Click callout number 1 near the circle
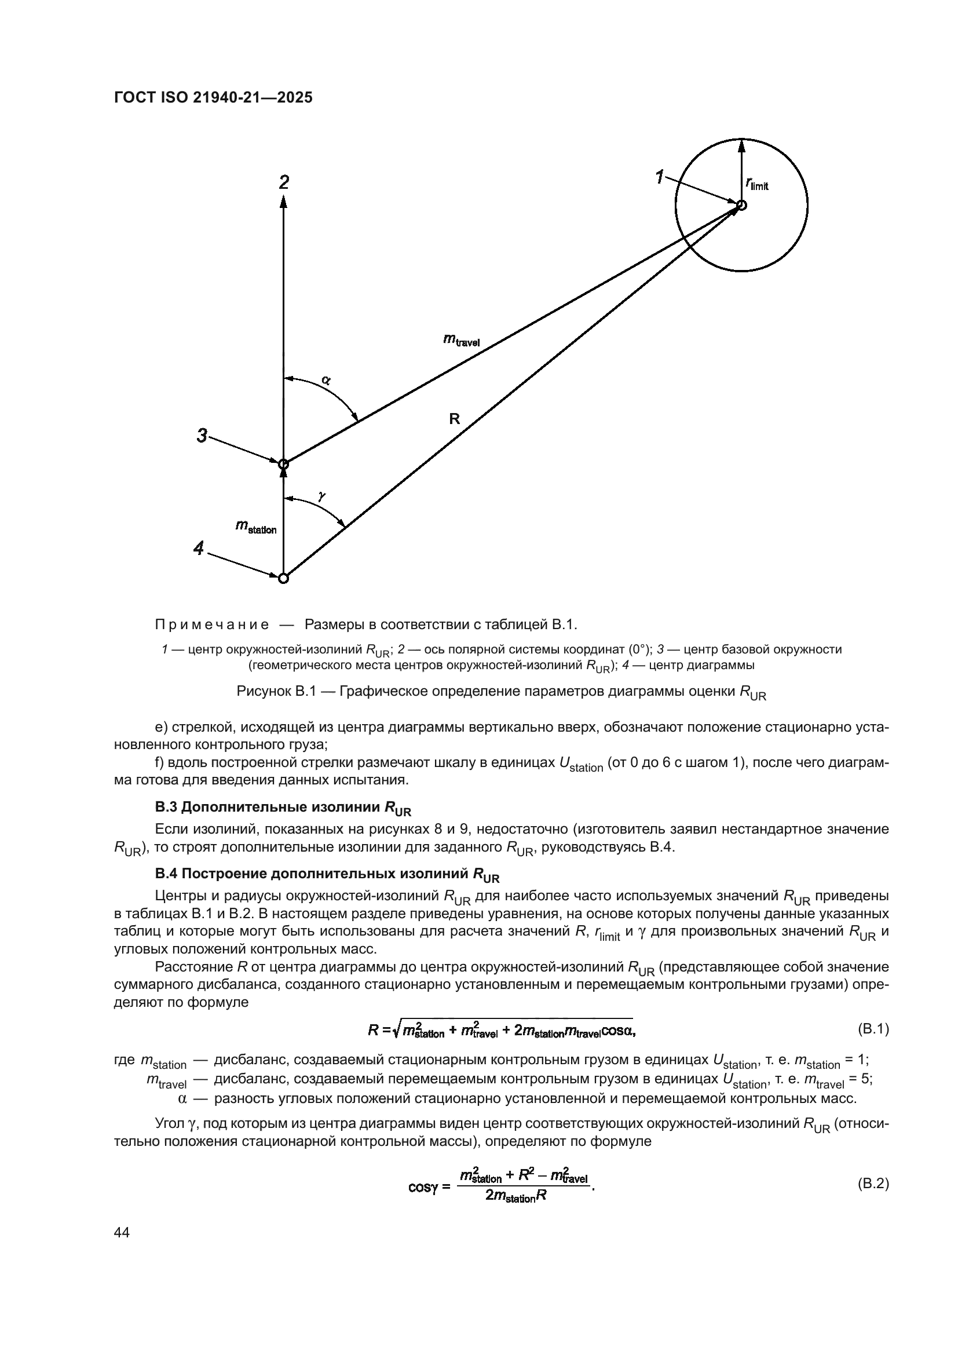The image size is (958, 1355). [660, 177]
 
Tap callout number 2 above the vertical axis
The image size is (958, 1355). [284, 182]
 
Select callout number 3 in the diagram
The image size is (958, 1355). [202, 436]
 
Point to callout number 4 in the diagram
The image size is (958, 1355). [199, 549]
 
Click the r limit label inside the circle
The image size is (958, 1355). [757, 185]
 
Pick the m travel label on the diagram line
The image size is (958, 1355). [461, 340]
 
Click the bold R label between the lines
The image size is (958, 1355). [454, 419]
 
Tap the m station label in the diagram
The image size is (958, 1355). [256, 527]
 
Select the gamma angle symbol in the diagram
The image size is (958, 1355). [321, 496]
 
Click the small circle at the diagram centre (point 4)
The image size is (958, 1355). [284, 578]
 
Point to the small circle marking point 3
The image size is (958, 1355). [284, 463]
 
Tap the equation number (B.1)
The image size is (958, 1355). [872, 1029]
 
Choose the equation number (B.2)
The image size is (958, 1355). [872, 1184]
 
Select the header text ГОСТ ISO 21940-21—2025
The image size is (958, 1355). [213, 98]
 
